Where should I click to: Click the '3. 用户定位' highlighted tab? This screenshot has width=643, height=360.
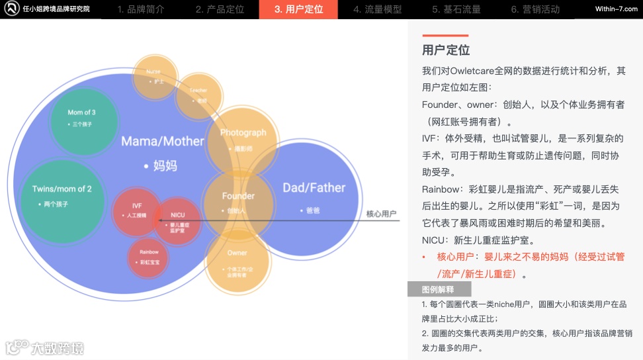click(298, 9)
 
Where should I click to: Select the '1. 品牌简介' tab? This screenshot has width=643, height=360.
click(142, 9)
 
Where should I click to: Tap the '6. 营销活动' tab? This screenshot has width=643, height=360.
click(535, 9)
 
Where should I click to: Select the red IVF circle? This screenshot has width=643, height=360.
click(137, 212)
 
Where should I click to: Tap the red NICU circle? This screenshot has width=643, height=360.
click(178, 221)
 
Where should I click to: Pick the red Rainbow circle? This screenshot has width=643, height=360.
click(149, 257)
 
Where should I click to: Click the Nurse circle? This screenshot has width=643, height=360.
click(154, 75)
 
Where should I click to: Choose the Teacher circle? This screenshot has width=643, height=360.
click(198, 95)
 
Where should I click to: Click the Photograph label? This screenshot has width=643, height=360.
click(243, 133)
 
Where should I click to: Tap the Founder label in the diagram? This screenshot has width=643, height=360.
click(238, 196)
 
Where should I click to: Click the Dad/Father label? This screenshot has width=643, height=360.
click(314, 188)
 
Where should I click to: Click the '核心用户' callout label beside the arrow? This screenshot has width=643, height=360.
click(381, 214)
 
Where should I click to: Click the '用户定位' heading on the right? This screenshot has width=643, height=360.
click(446, 50)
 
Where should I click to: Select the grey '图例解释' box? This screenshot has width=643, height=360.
click(439, 289)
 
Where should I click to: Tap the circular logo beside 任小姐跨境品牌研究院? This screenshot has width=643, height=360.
click(11, 9)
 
